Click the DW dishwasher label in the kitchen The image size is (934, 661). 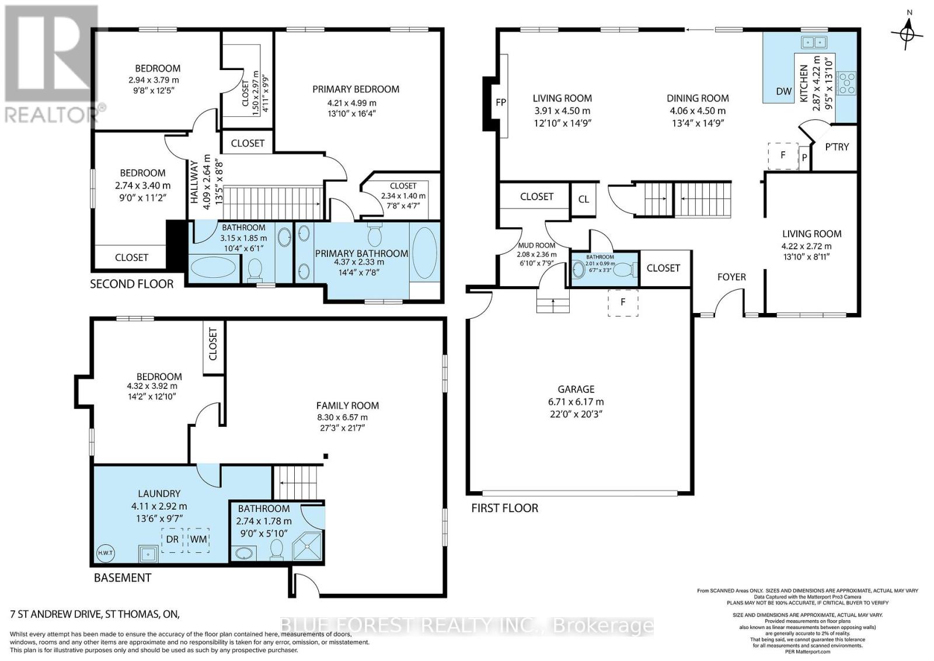click(783, 91)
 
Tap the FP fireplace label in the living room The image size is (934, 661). click(500, 102)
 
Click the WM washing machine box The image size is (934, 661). click(198, 539)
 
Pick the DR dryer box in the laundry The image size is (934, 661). click(172, 539)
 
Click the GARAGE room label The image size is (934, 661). click(576, 389)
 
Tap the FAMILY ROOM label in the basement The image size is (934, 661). click(347, 405)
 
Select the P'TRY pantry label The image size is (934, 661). click(837, 147)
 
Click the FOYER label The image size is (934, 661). click(731, 277)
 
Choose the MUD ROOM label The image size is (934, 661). click(536, 245)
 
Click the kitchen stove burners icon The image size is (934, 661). click(846, 83)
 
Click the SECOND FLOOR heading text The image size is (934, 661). click(131, 284)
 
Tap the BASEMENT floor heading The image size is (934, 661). click(123, 577)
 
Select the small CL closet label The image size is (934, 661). click(584, 199)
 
